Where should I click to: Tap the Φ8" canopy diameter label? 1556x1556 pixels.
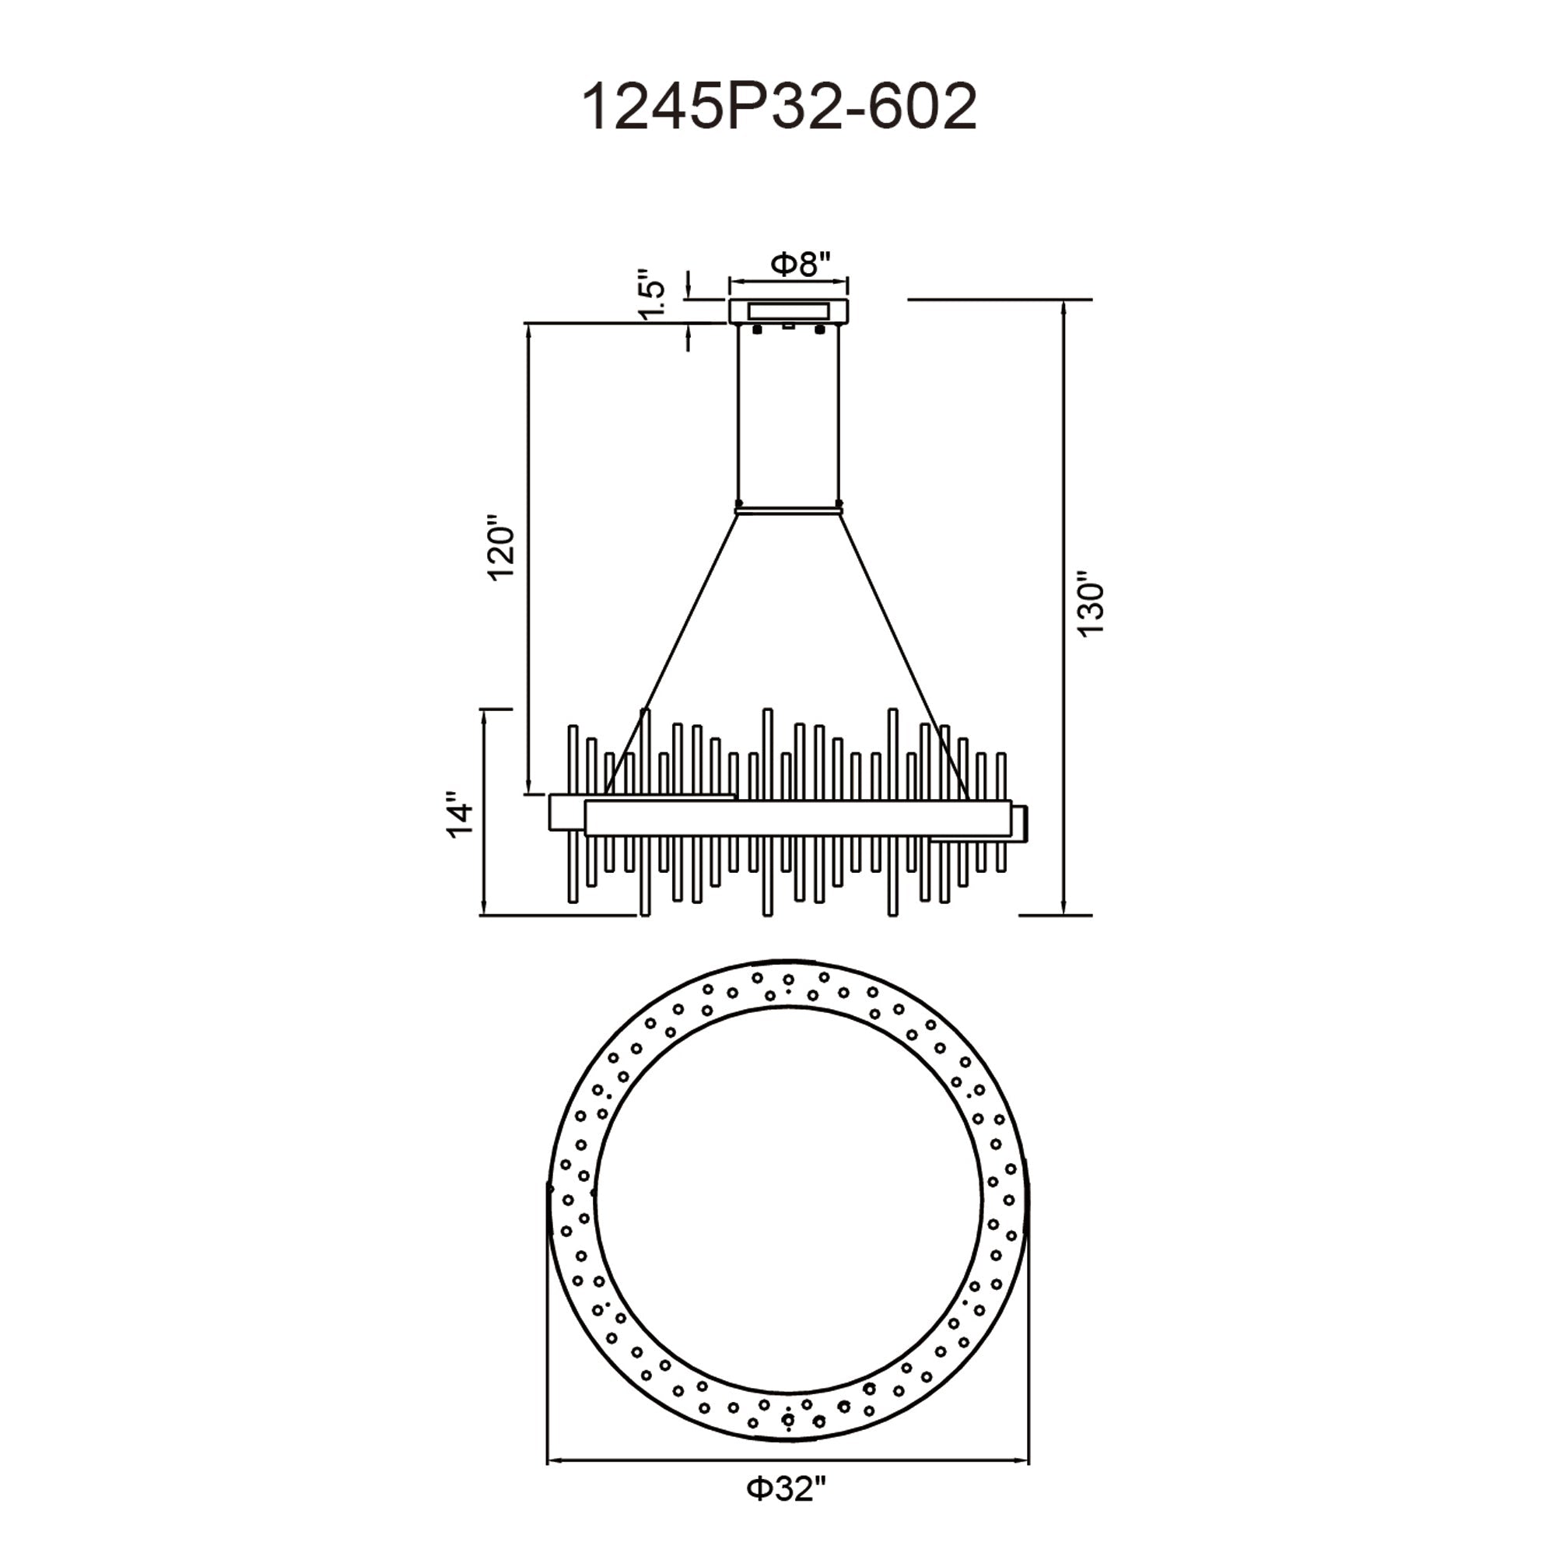pos(800,265)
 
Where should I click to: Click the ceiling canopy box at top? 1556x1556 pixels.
pos(788,311)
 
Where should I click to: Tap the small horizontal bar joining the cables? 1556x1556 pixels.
pos(788,509)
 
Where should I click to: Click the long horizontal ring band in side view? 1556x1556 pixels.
pos(797,818)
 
